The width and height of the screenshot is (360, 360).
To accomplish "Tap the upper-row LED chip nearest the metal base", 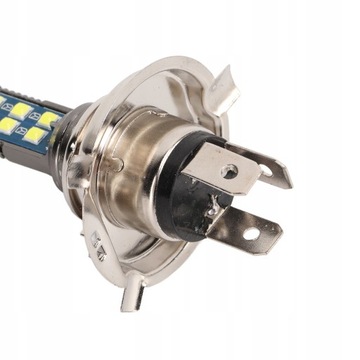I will [46, 116].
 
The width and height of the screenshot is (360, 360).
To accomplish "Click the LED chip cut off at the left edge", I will [5, 125].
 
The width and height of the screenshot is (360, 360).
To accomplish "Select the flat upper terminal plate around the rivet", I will [215, 165].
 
